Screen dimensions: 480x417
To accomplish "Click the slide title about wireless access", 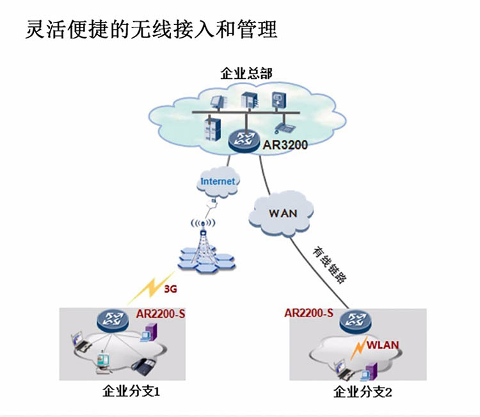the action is (151, 29).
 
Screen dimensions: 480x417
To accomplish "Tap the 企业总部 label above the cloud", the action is (246, 74).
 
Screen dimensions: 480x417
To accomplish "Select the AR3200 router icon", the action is (244, 141).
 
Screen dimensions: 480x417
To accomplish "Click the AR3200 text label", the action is (285, 145).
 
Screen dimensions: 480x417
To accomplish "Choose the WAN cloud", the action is (281, 213).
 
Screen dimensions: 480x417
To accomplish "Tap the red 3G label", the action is (170, 289).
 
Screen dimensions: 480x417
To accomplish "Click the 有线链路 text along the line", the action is (330, 265).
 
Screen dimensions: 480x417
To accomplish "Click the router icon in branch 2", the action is (356, 322).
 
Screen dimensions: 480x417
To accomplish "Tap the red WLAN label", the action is (383, 345).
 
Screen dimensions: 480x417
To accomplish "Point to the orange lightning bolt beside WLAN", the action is (359, 347).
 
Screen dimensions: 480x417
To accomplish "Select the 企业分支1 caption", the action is (131, 391).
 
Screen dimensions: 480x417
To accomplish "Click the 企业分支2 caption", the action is (362, 392).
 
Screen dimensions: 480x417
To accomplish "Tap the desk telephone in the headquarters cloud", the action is (284, 127).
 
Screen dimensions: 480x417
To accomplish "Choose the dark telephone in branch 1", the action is (144, 367).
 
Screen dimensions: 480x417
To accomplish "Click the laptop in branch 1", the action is (80, 341).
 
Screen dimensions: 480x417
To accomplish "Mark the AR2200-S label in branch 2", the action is (308, 313).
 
